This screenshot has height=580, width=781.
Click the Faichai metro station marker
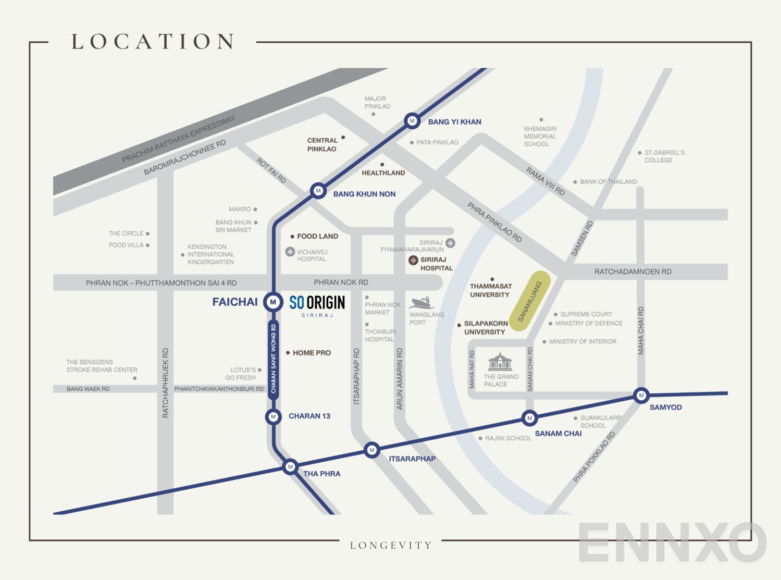273,302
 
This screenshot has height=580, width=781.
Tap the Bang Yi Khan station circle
412,121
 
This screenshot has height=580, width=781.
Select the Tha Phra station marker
290,466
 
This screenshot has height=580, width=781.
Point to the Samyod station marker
641,396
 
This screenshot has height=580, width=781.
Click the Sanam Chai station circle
529,418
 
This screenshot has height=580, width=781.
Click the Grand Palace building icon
500,361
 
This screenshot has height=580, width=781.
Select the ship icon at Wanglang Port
422,303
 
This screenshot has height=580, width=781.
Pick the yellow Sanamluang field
530,301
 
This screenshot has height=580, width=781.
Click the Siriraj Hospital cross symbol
413,260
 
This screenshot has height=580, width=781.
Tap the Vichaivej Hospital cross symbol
290,252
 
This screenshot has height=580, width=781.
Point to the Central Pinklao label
322,144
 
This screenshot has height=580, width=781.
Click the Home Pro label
312,353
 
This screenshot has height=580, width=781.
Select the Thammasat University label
490,290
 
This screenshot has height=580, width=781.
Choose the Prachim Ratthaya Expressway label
178,139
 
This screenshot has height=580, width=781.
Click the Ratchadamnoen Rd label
633,272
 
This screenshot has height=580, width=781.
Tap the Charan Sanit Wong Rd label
274,359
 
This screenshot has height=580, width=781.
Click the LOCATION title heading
153,42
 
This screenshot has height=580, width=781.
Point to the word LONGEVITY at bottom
391,545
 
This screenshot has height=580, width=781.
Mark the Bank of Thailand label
608,182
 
